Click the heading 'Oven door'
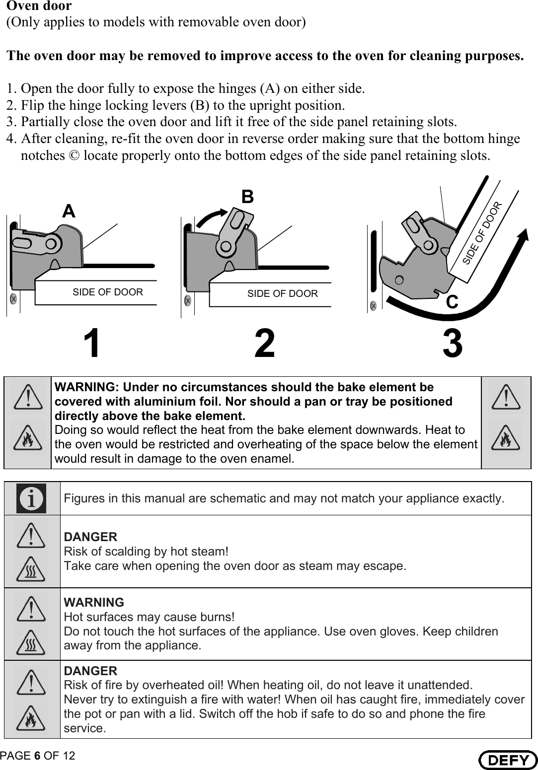[x=39, y=6]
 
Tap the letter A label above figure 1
[x=69, y=211]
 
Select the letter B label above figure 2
[x=247, y=197]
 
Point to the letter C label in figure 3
[x=452, y=301]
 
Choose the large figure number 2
[x=264, y=345]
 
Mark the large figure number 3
[x=453, y=345]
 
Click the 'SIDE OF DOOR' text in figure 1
[x=108, y=292]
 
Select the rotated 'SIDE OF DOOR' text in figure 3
[x=482, y=233]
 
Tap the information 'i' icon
[x=31, y=498]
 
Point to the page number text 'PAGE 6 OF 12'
[x=38, y=756]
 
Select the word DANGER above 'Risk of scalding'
[x=91, y=537]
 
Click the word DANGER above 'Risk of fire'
[x=91, y=671]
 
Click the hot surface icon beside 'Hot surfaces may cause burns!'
[x=31, y=643]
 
